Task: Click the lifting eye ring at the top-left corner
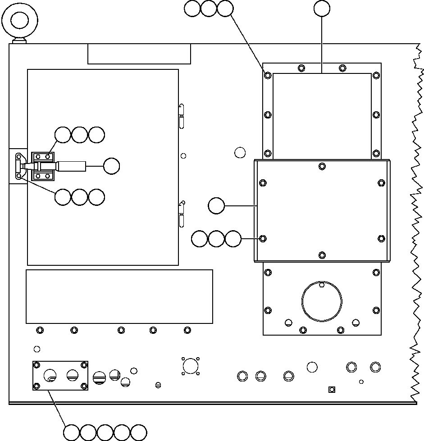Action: pos(19,20)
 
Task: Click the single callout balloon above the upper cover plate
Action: pos(322,9)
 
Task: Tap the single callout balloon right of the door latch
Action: pos(111,166)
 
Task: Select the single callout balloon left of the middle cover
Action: pos(216,206)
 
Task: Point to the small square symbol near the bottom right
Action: pos(332,389)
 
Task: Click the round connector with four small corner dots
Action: pos(191,366)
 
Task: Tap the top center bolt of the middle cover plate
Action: pos(322,166)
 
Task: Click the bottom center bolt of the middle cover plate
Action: pos(322,255)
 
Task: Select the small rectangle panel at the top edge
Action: pos(139,54)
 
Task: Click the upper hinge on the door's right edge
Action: pos(182,116)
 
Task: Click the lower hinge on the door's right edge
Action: pos(182,214)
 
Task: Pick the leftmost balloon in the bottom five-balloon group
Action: pos(72,432)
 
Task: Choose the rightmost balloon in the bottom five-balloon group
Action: pos(138,432)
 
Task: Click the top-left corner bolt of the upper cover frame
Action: pos(268,75)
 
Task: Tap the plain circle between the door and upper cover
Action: pos(240,153)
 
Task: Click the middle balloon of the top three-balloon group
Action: pos(209,9)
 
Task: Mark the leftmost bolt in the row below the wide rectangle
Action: pos(40,330)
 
